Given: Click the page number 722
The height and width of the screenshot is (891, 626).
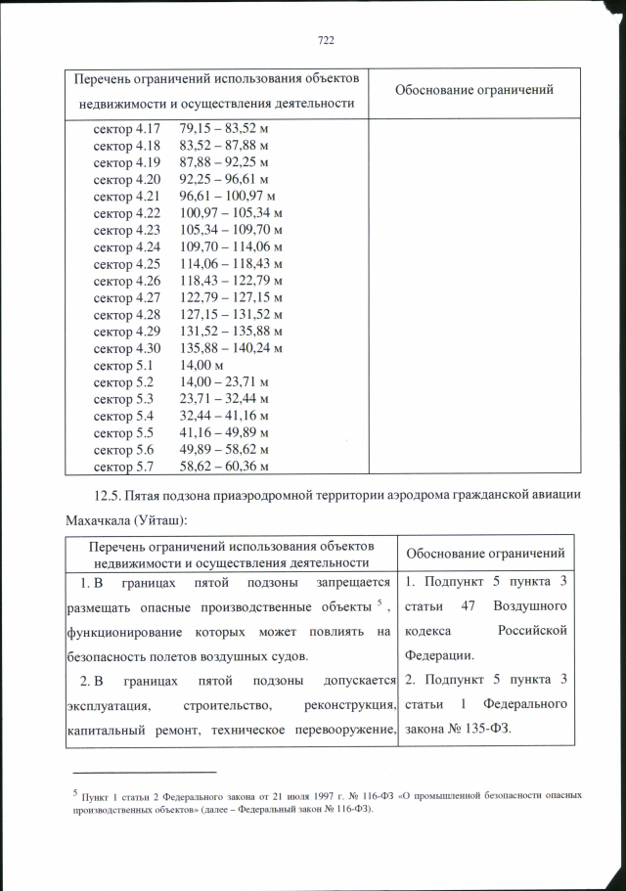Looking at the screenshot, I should [327, 40].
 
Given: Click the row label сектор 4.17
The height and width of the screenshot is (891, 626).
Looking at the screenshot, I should [127, 129].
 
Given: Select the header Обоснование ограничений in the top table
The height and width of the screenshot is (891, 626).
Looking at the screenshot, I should [474, 90].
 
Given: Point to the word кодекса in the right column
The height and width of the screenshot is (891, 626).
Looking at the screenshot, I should [428, 631].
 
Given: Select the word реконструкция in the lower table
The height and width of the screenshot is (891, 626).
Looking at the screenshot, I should [347, 704].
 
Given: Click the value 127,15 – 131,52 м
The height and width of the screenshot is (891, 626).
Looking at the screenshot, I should [231, 313].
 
